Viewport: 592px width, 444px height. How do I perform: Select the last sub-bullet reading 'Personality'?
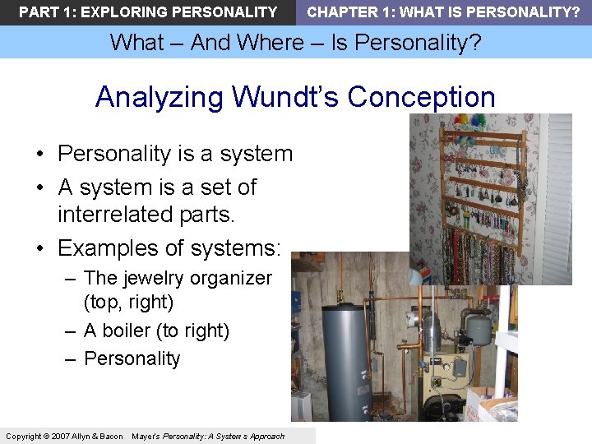[x=132, y=358]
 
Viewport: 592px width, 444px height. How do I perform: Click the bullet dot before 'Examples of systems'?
[x=39, y=248]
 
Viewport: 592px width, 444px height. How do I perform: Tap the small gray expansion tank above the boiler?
[x=480, y=328]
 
